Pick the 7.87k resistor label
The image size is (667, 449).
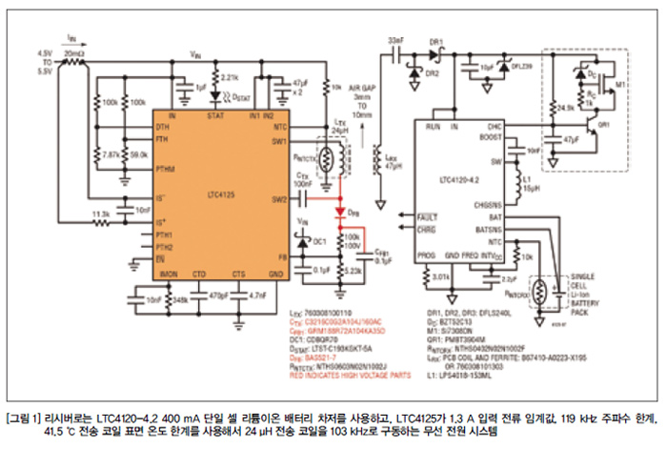[110, 153]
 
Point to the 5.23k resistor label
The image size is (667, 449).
[352, 272]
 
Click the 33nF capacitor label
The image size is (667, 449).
[396, 42]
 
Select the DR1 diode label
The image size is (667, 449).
[437, 42]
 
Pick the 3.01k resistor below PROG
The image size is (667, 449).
[442, 276]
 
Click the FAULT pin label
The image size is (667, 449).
[429, 216]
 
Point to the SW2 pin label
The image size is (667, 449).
[279, 199]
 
